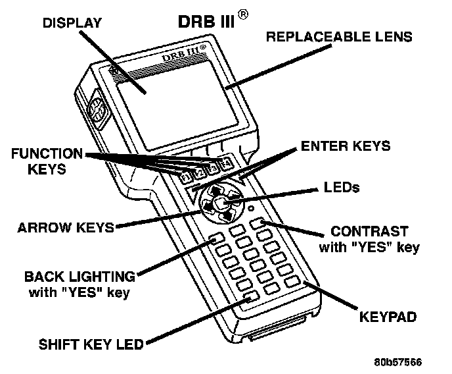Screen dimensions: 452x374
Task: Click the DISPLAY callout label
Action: tap(72, 23)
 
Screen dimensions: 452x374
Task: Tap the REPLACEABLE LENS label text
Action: tap(339, 37)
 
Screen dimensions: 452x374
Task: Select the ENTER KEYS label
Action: tap(346, 146)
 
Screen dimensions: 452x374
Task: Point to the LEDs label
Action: tap(342, 187)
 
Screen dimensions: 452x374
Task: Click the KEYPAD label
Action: tap(388, 317)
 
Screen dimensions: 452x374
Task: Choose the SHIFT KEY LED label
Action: tap(91, 344)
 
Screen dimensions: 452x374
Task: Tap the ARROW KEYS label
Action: tap(66, 228)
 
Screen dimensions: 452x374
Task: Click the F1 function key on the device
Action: tap(186, 176)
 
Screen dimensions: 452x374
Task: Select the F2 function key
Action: tap(199, 172)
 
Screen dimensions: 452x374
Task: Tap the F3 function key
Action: tap(212, 168)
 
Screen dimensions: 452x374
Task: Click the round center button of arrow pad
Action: tap(221, 203)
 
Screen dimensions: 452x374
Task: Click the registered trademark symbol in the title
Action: tap(242, 14)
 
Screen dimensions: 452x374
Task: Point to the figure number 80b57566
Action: tap(398, 362)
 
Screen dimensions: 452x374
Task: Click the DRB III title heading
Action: tap(206, 21)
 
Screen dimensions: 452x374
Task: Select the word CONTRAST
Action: tap(369, 231)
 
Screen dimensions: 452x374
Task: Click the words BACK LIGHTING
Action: tap(79, 277)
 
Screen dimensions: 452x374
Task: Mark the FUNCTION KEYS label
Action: tap(47, 161)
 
